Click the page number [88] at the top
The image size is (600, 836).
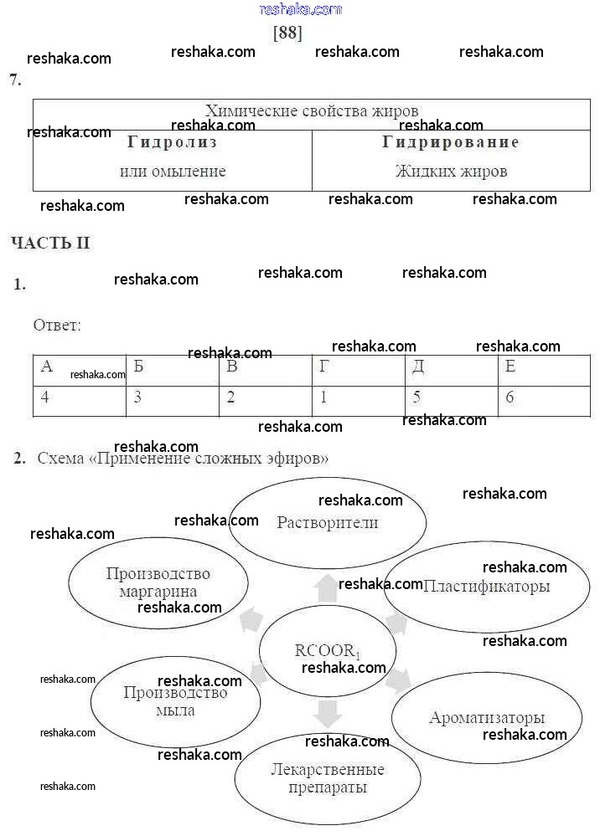[287, 33]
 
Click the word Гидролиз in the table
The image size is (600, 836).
[172, 142]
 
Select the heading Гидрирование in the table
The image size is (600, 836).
[451, 142]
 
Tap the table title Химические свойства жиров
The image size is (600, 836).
[312, 110]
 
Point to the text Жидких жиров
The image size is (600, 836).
[451, 172]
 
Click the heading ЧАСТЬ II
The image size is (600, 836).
[50, 244]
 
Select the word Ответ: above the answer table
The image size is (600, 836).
[57, 325]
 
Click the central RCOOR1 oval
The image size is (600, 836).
[328, 652]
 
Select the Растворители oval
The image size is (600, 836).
[328, 523]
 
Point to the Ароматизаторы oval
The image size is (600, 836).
[487, 718]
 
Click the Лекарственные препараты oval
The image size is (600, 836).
[328, 778]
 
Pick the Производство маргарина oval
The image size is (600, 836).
[158, 582]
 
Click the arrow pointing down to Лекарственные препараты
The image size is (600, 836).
[328, 713]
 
